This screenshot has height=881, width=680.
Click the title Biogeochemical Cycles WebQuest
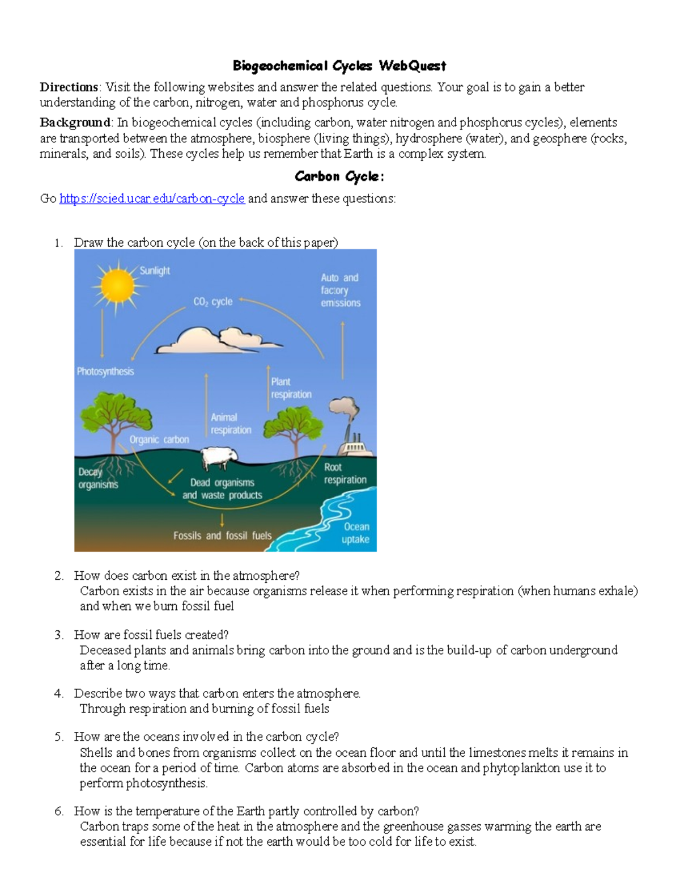coord(339,66)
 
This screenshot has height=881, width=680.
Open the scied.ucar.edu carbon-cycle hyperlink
coord(152,199)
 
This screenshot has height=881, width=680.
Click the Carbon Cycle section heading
coord(339,176)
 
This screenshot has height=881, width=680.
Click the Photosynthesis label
coord(105,372)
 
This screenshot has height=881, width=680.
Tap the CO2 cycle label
coord(212,302)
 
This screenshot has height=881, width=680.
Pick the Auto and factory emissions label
coord(341,290)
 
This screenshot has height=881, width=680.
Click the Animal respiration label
coord(231,424)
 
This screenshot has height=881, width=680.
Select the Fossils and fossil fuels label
coord(222,536)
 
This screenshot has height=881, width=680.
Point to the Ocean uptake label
coord(355,533)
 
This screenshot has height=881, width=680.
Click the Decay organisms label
coord(97,478)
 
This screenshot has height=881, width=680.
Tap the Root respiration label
coord(345,473)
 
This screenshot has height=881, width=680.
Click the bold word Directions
coord(69,87)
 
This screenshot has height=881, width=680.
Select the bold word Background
coord(75,123)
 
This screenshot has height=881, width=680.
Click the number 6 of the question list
coord(59,811)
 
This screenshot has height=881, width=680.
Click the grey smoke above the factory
coord(344,409)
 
